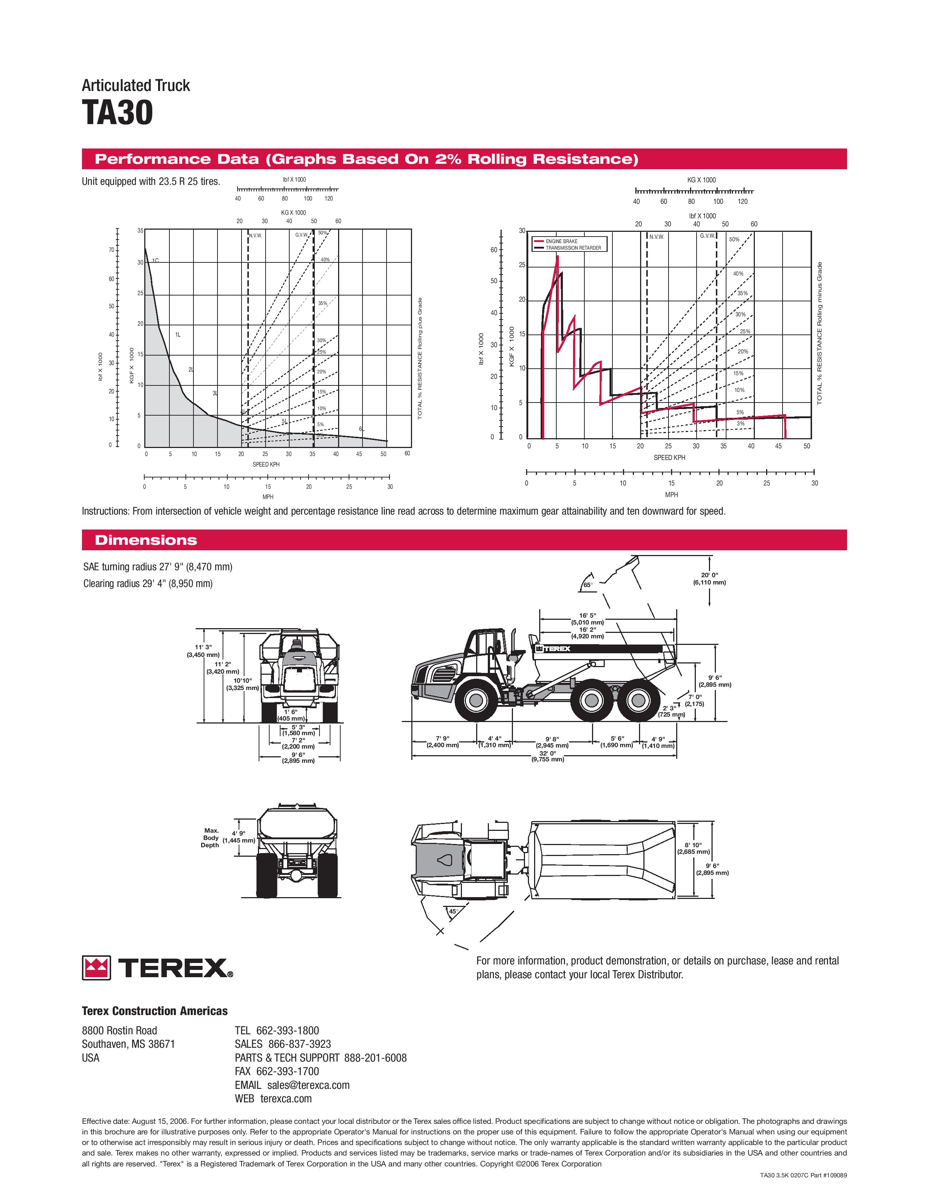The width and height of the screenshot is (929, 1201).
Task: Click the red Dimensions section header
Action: (x=146, y=540)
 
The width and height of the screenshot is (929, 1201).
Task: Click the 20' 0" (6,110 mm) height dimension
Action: (x=709, y=579)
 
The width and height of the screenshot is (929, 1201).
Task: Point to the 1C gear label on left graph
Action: (x=156, y=260)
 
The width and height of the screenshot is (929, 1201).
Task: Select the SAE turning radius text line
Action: (x=157, y=566)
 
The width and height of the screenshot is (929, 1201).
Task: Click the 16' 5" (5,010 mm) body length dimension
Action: (x=587, y=619)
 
